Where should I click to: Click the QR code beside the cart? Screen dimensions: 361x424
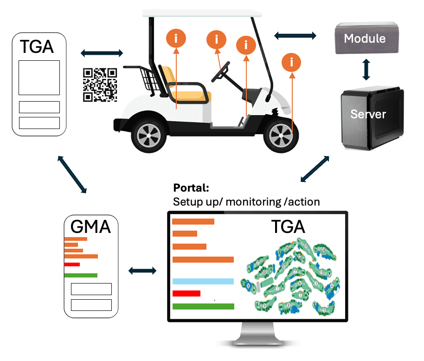(x=100, y=84)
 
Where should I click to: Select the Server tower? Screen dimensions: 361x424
(x=369, y=114)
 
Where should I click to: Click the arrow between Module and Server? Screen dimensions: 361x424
(x=366, y=69)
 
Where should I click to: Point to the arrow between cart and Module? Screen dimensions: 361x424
(x=296, y=35)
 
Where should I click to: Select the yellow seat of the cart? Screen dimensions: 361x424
(x=186, y=88)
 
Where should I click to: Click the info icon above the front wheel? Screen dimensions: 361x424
(x=292, y=61)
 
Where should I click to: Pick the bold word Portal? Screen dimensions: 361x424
(x=191, y=189)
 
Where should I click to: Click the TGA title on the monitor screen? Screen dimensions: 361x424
(x=288, y=227)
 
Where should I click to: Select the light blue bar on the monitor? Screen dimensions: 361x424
(x=203, y=281)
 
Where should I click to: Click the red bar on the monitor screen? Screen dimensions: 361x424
(x=186, y=293)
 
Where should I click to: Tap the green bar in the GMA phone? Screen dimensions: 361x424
(x=80, y=275)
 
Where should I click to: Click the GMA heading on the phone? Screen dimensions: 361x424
(x=90, y=226)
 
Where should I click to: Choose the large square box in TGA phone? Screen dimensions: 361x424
(x=39, y=77)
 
